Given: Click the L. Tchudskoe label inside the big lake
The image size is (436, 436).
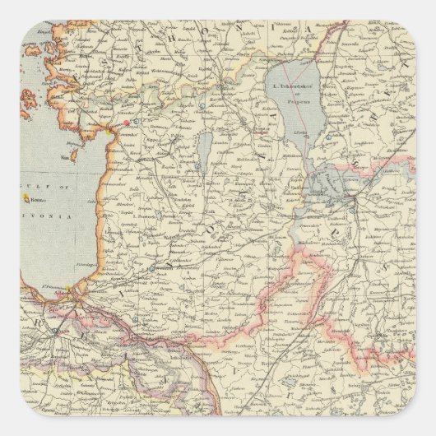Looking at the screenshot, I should pyautogui.click(x=292, y=84).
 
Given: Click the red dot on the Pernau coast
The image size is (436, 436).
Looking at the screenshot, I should pyautogui.click(x=125, y=123).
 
